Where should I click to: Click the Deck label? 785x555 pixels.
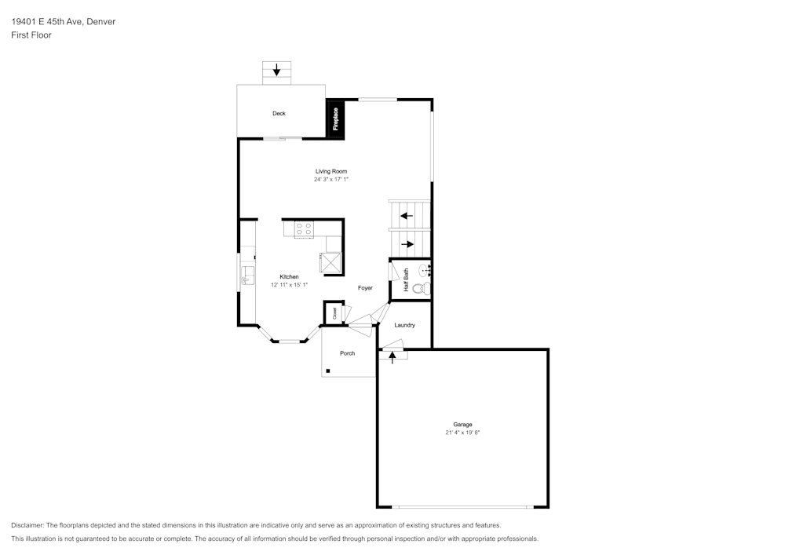tap(279, 114)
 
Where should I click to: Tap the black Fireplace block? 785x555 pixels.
tap(335, 118)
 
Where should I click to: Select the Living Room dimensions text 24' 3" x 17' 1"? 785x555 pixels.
tap(331, 179)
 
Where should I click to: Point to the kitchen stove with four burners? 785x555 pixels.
tap(304, 229)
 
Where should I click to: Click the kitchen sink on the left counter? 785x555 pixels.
tap(247, 276)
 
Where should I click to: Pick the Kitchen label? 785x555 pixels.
tap(290, 277)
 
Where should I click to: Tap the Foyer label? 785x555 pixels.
tap(365, 288)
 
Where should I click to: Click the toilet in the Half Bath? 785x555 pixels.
tap(422, 289)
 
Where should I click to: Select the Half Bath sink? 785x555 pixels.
tap(425, 270)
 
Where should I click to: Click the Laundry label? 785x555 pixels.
tap(404, 325)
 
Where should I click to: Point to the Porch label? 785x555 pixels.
tap(348, 353)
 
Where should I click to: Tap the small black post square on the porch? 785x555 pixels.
tap(328, 371)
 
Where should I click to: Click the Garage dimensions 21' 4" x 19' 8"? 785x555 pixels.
tap(462, 433)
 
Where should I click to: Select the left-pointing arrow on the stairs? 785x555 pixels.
tap(407, 216)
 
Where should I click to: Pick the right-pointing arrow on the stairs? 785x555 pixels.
tap(407, 244)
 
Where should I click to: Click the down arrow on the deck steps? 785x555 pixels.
tap(276, 70)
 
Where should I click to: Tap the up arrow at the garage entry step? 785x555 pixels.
tap(392, 357)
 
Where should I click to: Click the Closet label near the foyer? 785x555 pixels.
tap(334, 313)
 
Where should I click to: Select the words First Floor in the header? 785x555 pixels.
tap(31, 35)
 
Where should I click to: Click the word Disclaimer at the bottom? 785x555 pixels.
tap(27, 525)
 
